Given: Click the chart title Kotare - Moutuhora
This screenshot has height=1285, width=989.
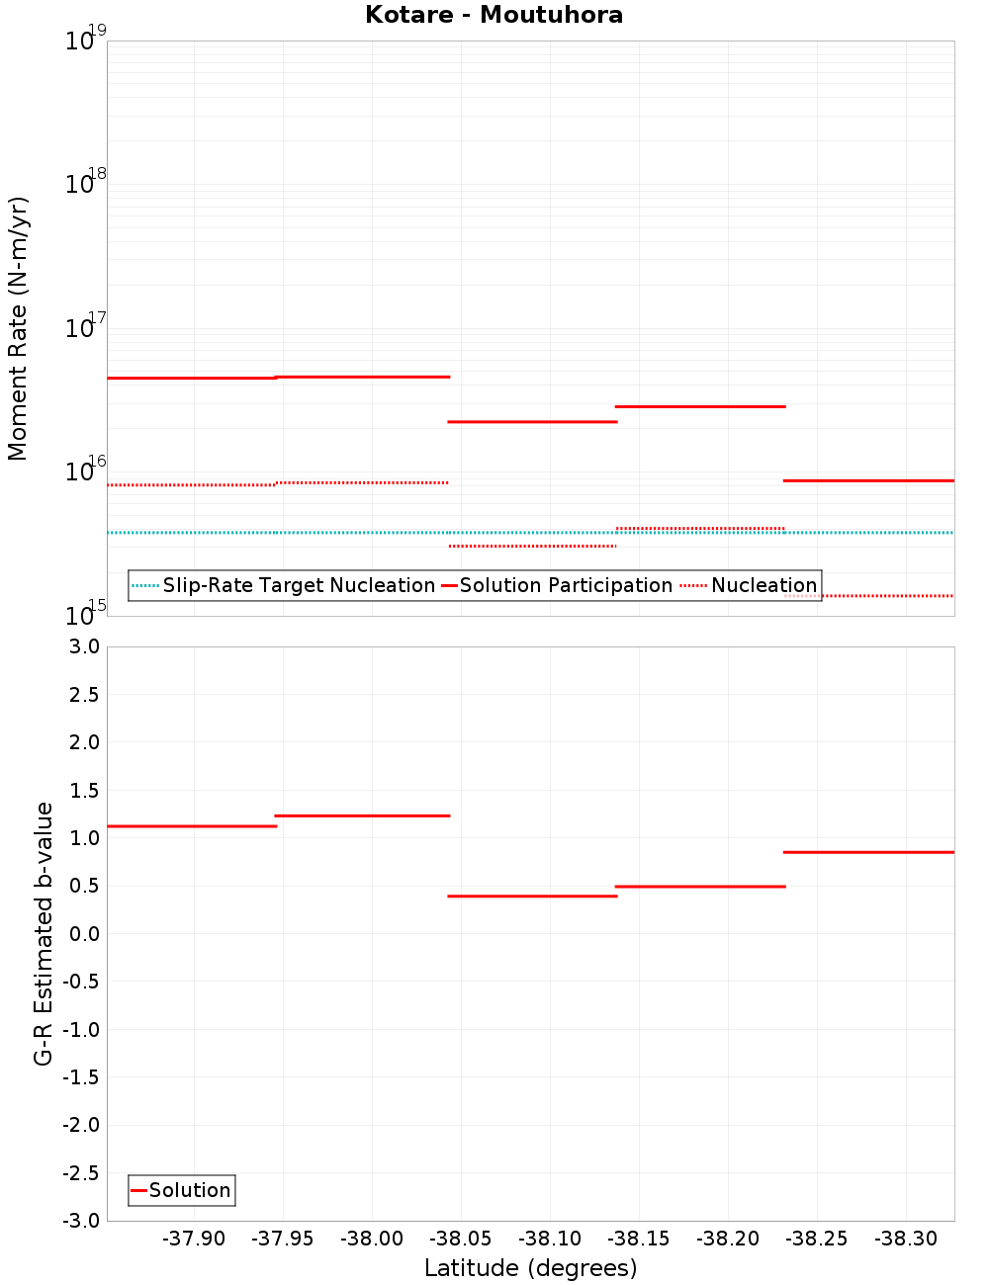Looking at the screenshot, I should click(x=494, y=15).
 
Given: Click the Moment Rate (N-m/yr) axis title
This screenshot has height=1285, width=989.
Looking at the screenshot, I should click(x=18, y=328).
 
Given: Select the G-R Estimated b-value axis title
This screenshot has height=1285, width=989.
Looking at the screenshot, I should click(x=44, y=933).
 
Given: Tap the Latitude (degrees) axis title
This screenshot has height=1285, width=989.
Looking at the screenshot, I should click(x=530, y=1268).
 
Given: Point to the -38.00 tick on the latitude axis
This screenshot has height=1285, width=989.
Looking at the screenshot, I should click(x=372, y=1240).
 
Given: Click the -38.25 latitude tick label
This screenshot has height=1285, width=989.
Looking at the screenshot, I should click(x=817, y=1240).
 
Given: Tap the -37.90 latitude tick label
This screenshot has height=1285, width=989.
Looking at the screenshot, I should click(x=194, y=1240).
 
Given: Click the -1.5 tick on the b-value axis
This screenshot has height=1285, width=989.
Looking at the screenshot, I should click(x=81, y=1077).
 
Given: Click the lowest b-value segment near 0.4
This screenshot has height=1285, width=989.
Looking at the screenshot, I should click(x=532, y=896).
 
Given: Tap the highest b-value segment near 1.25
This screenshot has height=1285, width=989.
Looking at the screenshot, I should click(x=362, y=815).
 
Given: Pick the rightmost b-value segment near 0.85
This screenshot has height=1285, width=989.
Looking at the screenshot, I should click(x=868, y=852).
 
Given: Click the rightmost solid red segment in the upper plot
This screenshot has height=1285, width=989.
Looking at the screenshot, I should click(x=868, y=480).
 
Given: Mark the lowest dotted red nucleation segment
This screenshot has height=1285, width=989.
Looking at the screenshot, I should click(x=868, y=596).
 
